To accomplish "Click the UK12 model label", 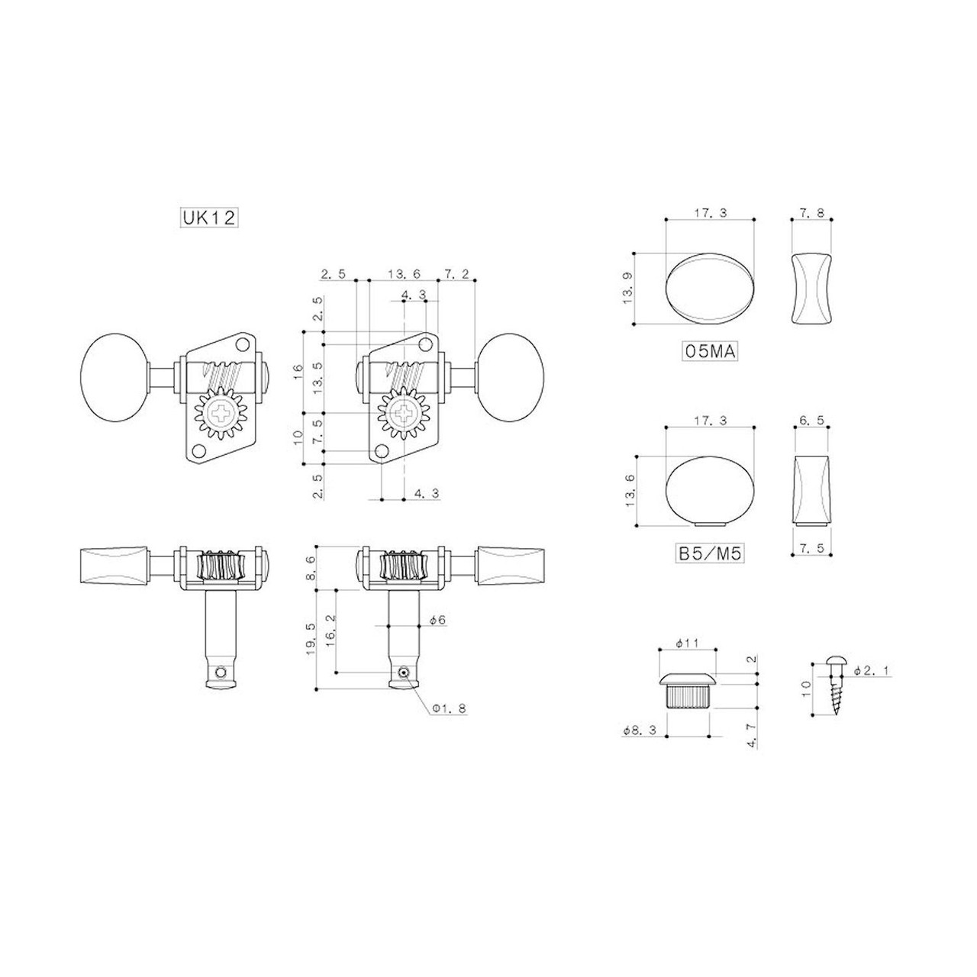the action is pyautogui.click(x=209, y=218).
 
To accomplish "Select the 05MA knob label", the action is pyautogui.click(x=709, y=351).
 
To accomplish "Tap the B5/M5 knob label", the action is pyautogui.click(x=710, y=554).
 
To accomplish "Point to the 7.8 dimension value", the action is pyautogui.click(x=811, y=213).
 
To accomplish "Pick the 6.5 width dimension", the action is pyautogui.click(x=811, y=421).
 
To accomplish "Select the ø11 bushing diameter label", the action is pyautogui.click(x=687, y=643).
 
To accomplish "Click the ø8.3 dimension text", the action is pyautogui.click(x=640, y=730).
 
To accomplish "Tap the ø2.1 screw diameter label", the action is pyautogui.click(x=871, y=671).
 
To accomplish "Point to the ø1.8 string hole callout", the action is pyautogui.click(x=450, y=708).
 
